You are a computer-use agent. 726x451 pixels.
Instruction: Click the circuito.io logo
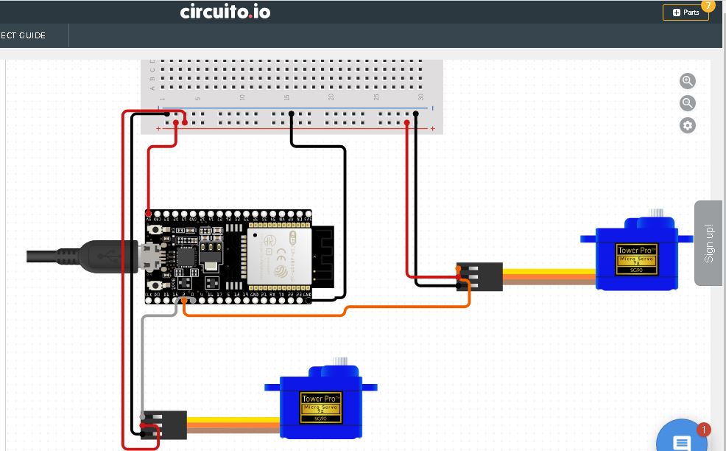[225, 12]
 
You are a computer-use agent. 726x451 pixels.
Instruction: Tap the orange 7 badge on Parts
[708, 5]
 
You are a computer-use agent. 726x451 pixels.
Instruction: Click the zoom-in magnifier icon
[688, 81]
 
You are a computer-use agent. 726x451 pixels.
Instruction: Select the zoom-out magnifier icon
[688, 103]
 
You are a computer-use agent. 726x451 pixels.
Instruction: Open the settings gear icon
[688, 125]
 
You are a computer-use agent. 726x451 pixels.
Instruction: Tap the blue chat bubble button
[682, 441]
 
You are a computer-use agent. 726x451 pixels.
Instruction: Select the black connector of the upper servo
[479, 276]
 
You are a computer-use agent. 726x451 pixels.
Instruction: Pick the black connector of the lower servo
[164, 424]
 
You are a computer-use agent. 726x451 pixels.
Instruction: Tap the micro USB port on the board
[152, 257]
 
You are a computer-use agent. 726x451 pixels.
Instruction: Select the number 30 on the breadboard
[420, 97]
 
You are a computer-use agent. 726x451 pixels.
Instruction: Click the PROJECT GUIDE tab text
[23, 35]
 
